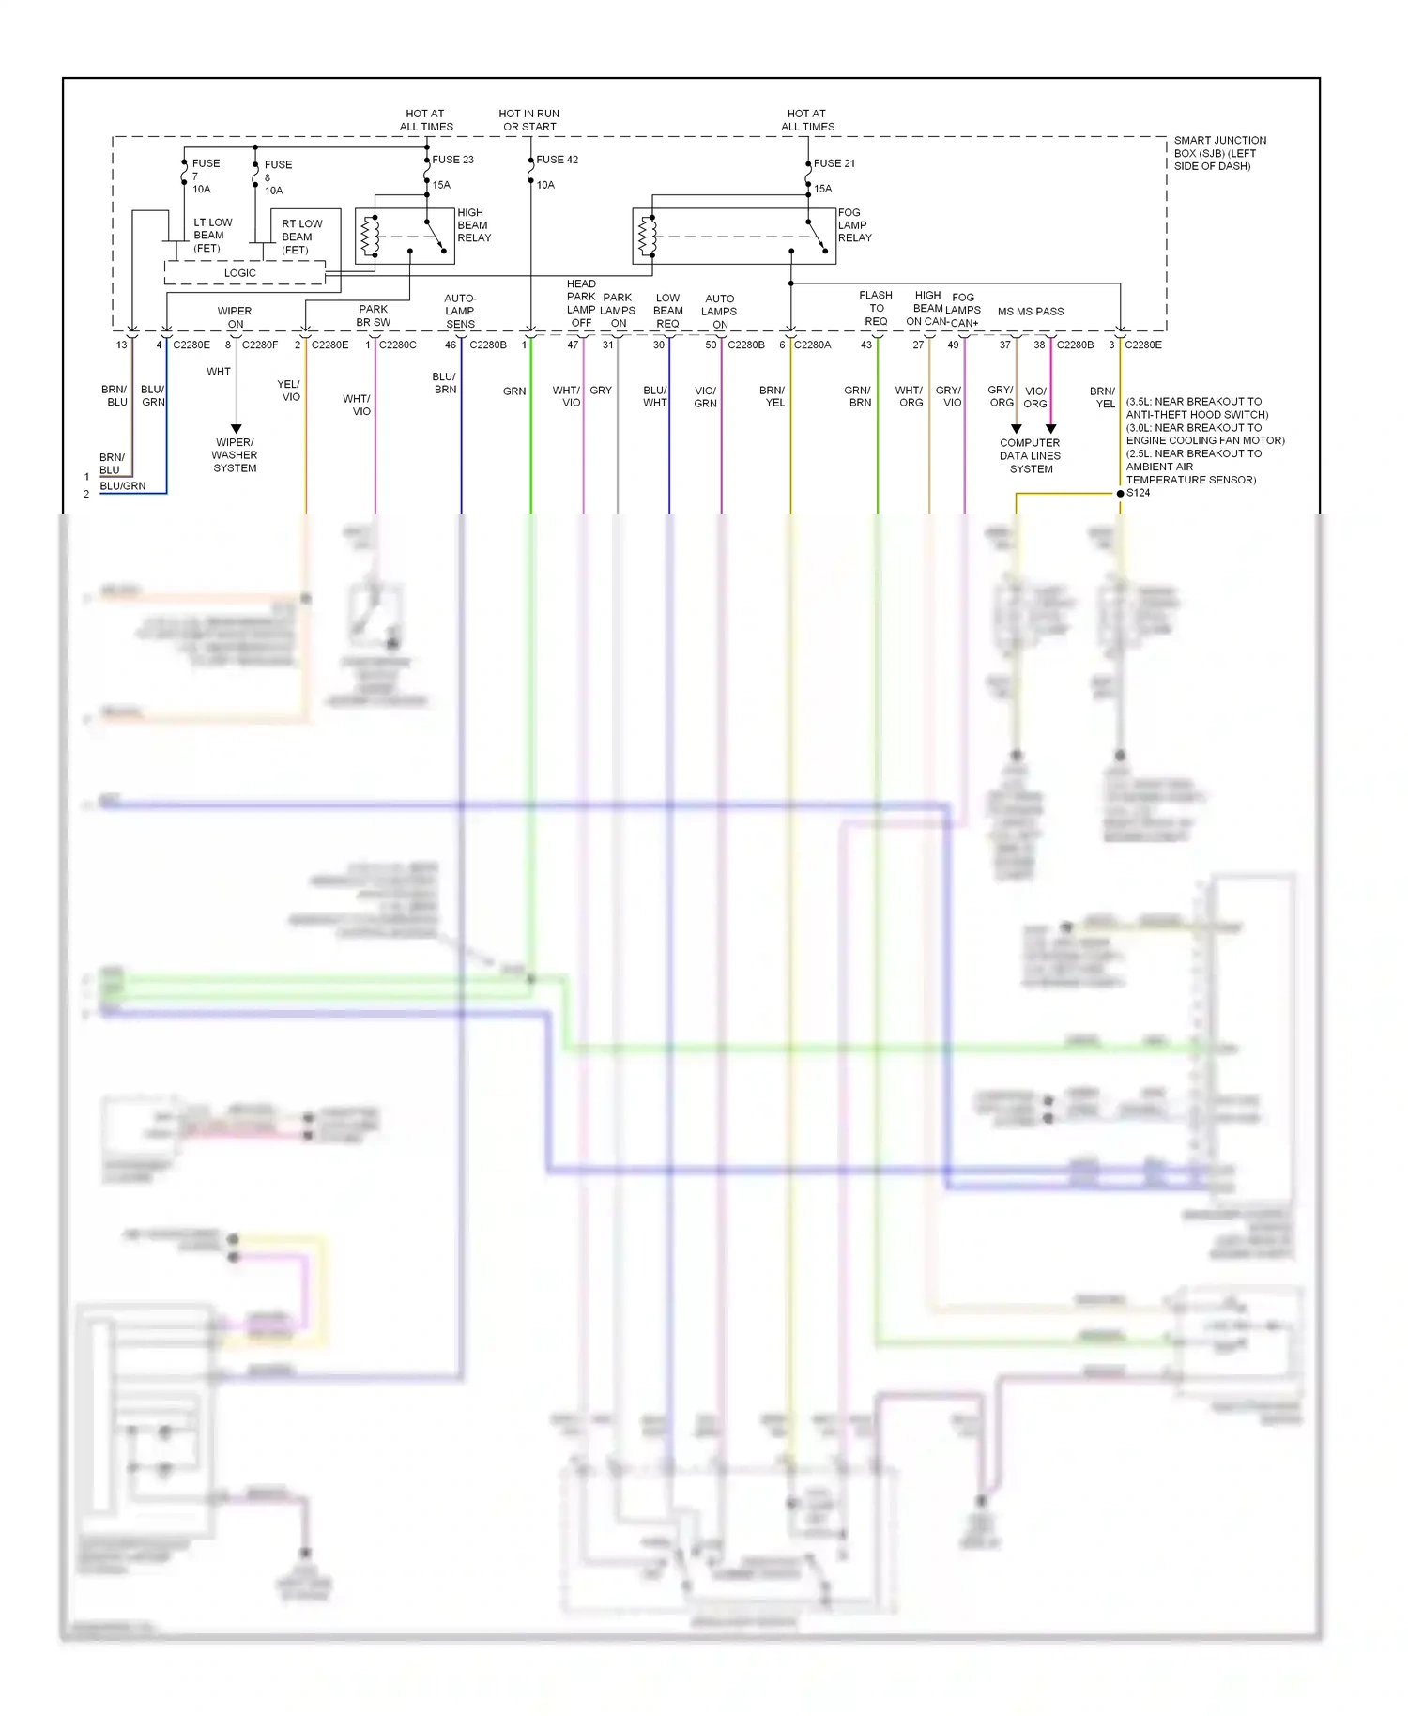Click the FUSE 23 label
(452, 160)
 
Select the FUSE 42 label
(557, 160)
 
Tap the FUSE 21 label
(834, 163)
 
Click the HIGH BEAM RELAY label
(473, 225)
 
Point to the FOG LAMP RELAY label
(854, 225)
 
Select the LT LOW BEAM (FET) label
(212, 236)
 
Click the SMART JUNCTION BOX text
(1219, 153)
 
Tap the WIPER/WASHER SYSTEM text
(235, 455)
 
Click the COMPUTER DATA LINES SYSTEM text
(1030, 456)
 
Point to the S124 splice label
(1138, 493)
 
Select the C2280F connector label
(260, 345)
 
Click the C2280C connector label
(397, 345)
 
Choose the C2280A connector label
(812, 345)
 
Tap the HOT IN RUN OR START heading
(528, 120)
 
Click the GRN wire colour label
(514, 391)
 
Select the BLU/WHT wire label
(655, 396)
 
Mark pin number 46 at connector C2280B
(451, 345)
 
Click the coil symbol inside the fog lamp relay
(647, 236)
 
